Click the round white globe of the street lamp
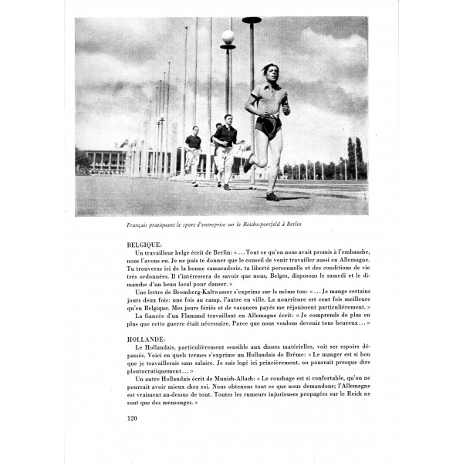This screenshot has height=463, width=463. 228,36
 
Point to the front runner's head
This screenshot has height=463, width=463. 269,71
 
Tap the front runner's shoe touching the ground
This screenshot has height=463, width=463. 272,196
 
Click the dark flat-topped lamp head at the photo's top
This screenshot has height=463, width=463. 252,21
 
